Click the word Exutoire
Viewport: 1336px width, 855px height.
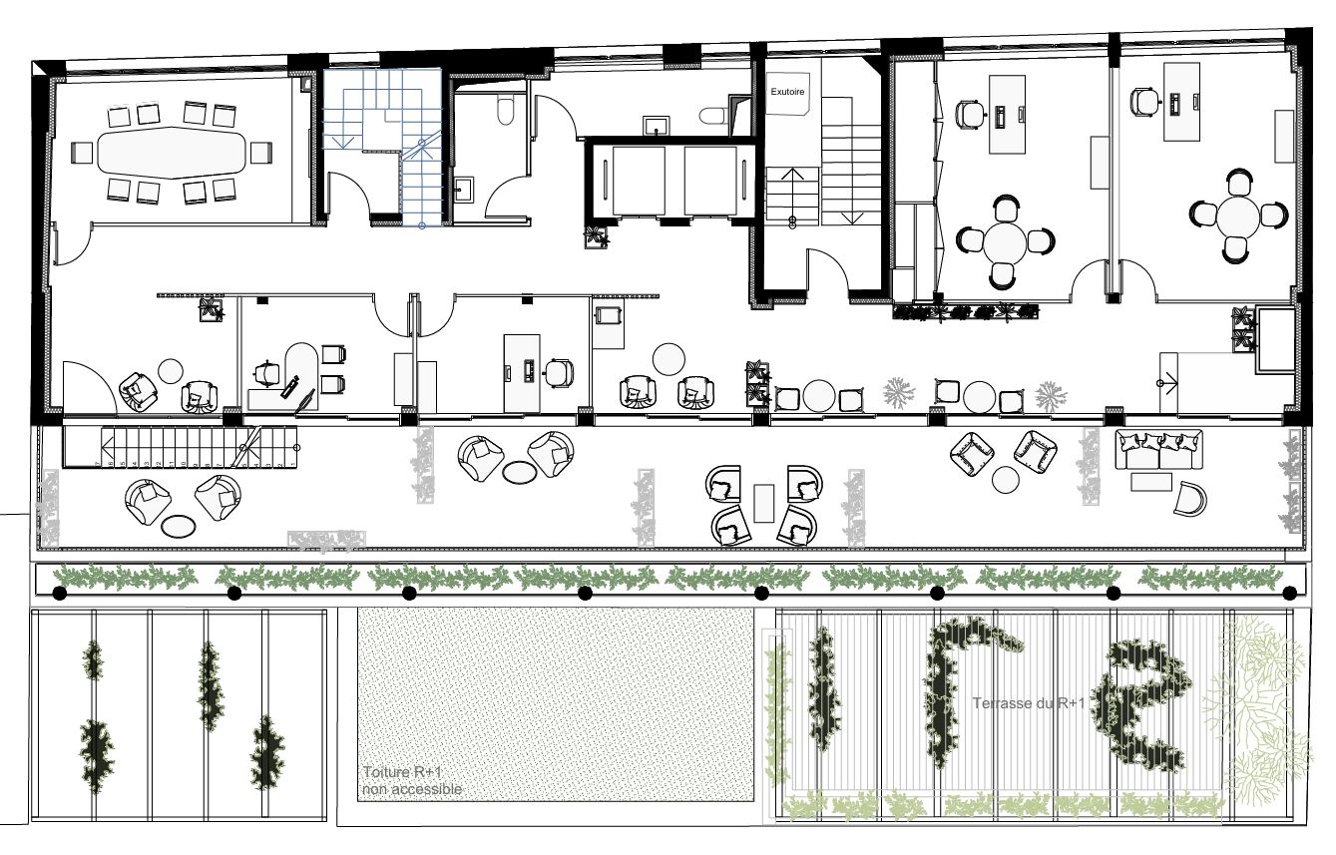click(787, 92)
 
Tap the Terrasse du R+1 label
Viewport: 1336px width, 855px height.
click(1029, 703)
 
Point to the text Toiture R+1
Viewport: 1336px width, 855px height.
click(402, 772)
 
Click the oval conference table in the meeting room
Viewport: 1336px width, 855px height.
click(172, 153)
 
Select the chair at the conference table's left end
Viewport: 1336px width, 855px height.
click(82, 153)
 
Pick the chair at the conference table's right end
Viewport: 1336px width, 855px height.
click(261, 153)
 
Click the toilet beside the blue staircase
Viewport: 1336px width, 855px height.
click(505, 111)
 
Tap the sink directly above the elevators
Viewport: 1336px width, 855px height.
click(657, 127)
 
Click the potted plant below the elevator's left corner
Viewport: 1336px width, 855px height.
click(597, 236)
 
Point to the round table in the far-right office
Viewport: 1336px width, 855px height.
click(1238, 216)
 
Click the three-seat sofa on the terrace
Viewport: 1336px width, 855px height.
click(1159, 449)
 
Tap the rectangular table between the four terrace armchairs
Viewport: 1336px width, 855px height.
click(764, 503)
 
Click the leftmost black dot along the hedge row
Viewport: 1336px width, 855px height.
click(59, 594)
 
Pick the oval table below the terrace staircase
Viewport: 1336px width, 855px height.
click(179, 526)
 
